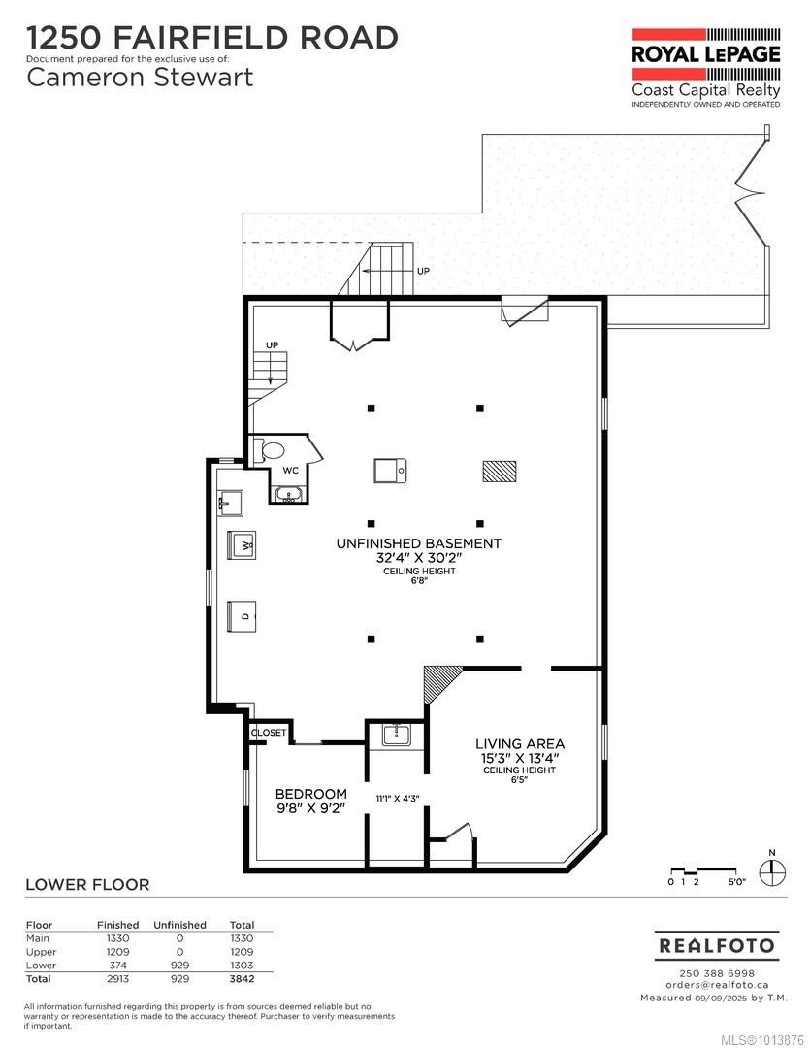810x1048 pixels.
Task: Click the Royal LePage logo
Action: click(705, 53)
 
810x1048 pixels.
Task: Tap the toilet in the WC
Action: click(273, 450)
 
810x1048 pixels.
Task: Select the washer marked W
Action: click(242, 545)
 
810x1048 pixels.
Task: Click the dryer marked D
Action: click(243, 615)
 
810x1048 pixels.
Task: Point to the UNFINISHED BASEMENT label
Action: click(418, 544)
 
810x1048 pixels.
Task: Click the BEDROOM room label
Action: click(310, 794)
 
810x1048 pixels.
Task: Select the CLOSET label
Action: click(269, 733)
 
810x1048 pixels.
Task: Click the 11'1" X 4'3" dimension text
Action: click(398, 799)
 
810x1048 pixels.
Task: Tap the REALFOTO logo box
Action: click(716, 945)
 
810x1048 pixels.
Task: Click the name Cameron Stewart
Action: click(140, 78)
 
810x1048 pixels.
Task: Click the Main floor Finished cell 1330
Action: click(117, 938)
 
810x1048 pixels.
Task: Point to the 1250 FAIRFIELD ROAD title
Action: click(212, 38)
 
